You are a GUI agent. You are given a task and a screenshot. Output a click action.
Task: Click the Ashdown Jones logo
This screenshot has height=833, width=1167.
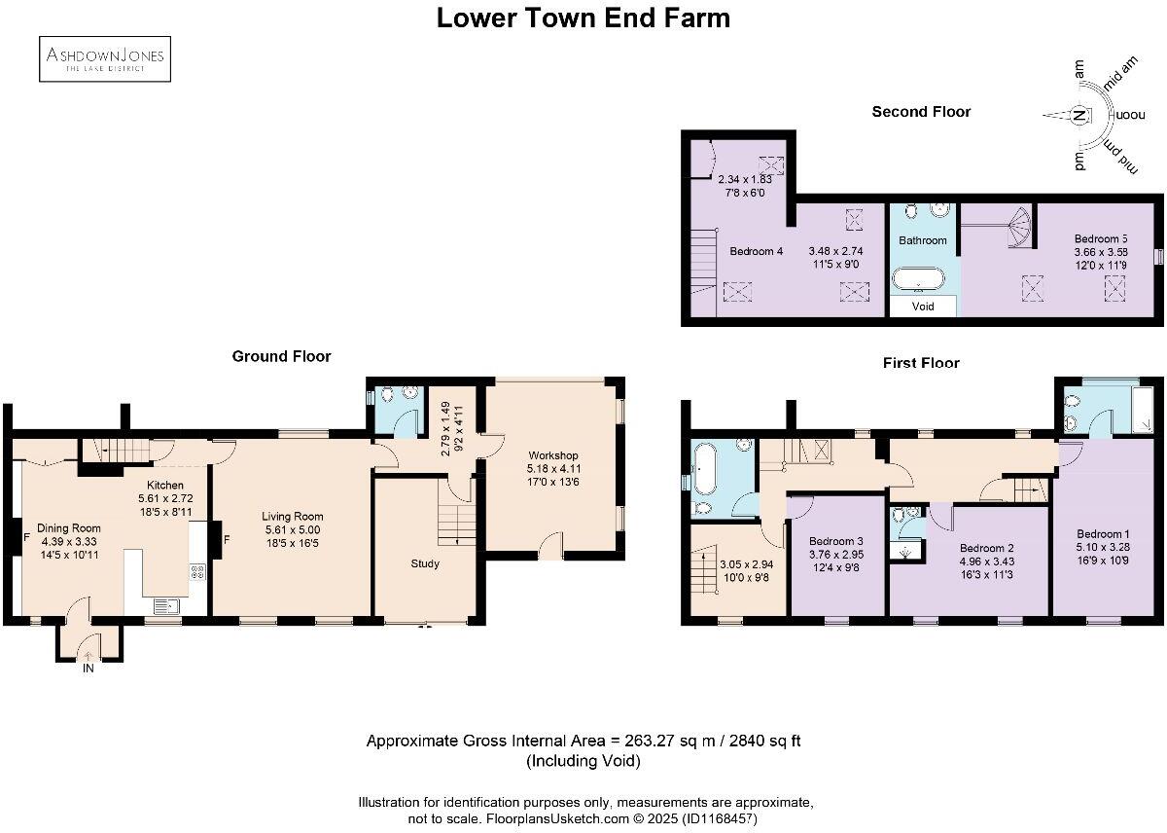pyautogui.click(x=105, y=59)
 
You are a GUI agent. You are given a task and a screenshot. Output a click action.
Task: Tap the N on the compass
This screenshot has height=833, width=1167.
pyautogui.click(x=1079, y=115)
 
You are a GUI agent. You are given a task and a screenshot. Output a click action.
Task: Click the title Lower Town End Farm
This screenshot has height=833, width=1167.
pyautogui.click(x=583, y=18)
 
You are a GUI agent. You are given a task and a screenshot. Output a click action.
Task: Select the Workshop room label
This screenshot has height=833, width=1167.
pyautogui.click(x=552, y=455)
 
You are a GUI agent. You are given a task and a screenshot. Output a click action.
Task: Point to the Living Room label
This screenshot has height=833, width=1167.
pyautogui.click(x=293, y=517)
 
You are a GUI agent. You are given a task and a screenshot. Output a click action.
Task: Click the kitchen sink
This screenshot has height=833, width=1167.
pyautogui.click(x=166, y=606)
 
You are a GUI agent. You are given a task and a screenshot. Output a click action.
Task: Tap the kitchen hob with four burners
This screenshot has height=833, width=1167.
pyautogui.click(x=197, y=572)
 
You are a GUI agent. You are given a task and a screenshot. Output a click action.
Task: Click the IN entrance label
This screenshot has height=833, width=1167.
pyautogui.click(x=88, y=669)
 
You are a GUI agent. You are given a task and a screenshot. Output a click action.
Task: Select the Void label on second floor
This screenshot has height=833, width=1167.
pyautogui.click(x=923, y=307)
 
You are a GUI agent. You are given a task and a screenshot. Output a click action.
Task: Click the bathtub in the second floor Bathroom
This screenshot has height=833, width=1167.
pyautogui.click(x=918, y=279)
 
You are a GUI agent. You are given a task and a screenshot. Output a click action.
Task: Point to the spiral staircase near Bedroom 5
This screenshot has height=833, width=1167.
pyautogui.click(x=1018, y=228)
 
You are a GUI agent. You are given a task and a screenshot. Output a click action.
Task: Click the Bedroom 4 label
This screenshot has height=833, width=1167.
pyautogui.click(x=756, y=251)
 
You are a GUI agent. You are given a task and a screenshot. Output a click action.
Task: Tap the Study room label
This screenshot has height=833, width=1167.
pyautogui.click(x=425, y=563)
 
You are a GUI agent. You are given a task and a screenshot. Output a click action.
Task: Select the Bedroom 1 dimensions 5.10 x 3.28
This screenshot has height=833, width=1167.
pyautogui.click(x=1103, y=547)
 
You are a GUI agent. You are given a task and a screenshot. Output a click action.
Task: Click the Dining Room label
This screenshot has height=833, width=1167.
pyautogui.click(x=69, y=528)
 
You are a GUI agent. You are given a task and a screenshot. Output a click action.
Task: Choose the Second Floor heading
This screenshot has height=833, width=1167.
pyautogui.click(x=921, y=112)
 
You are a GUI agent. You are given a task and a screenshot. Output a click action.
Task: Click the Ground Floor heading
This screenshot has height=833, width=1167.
pyautogui.click(x=281, y=356)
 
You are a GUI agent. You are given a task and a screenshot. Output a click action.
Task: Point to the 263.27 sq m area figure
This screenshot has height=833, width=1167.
pyautogui.click(x=670, y=741)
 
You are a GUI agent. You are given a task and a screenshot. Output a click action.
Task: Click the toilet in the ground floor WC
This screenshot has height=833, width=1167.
pyautogui.click(x=387, y=395)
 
